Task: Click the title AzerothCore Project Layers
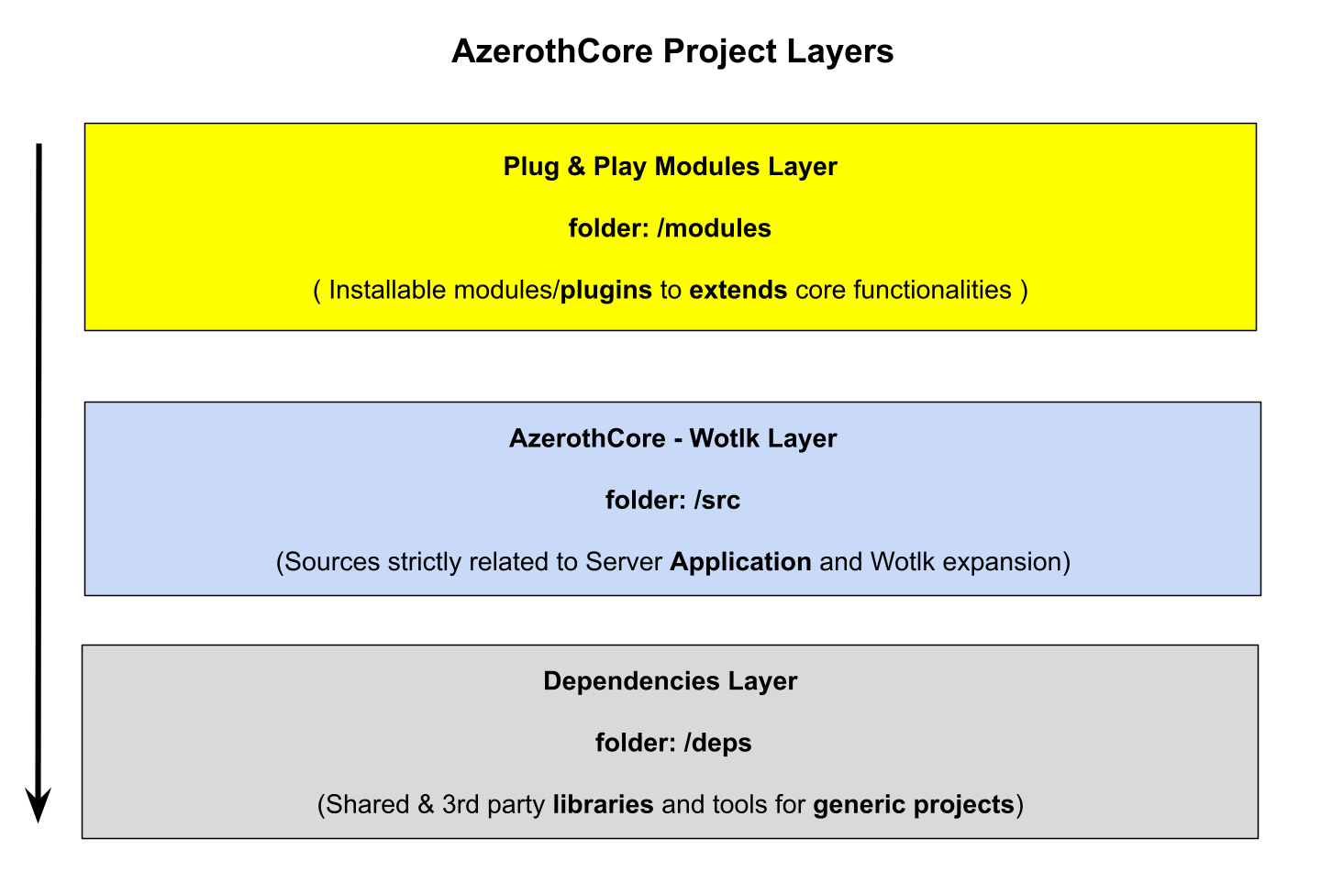tap(672, 51)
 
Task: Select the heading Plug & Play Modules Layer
tap(670, 167)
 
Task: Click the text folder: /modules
tap(670, 228)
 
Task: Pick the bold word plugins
tap(606, 291)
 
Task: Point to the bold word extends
tap(738, 290)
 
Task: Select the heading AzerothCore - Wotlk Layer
tap(673, 438)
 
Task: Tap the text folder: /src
tap(673, 501)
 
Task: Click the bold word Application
tap(740, 562)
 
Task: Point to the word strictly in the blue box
tap(425, 562)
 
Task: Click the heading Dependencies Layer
tap(670, 681)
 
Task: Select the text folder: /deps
tap(673, 743)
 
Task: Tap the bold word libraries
tap(604, 805)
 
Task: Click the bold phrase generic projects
tap(914, 805)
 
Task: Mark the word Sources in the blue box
tap(332, 562)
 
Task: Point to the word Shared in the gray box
tap(367, 805)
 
